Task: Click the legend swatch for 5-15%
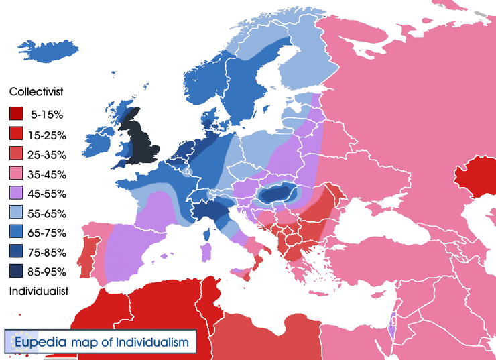[x=16, y=115]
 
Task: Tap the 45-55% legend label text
[x=48, y=194]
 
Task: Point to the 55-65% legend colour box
[x=16, y=213]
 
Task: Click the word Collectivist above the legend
[x=36, y=91]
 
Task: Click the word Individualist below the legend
[x=38, y=292]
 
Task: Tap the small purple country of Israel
[x=392, y=330]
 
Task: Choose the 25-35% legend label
[x=48, y=155]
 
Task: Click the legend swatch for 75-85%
[x=16, y=251]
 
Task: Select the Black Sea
[x=375, y=231]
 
